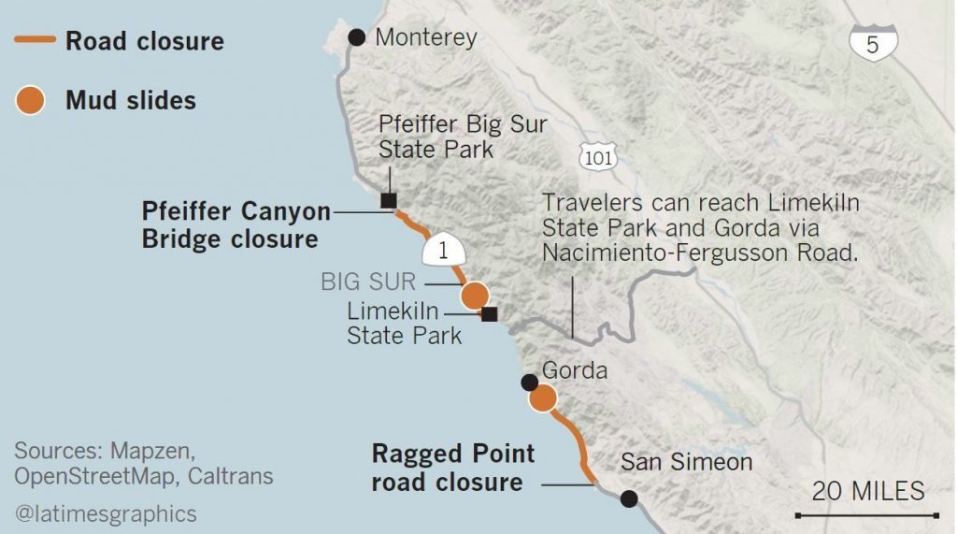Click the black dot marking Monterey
tap(356, 37)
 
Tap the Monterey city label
tap(425, 38)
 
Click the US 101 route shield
tap(597, 157)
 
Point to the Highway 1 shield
tap(443, 252)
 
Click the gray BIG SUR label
tap(368, 281)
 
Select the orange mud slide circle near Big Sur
tap(475, 295)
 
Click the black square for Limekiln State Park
tap(489, 314)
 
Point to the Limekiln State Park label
tap(404, 323)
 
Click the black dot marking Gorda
tap(529, 382)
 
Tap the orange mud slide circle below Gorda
tap(542, 398)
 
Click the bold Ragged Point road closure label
tap(453, 469)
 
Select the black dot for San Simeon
tap(629, 499)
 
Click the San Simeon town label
tap(686, 462)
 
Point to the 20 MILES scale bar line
tap(866, 514)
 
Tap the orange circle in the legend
tap(31, 100)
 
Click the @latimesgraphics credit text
tap(106, 513)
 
